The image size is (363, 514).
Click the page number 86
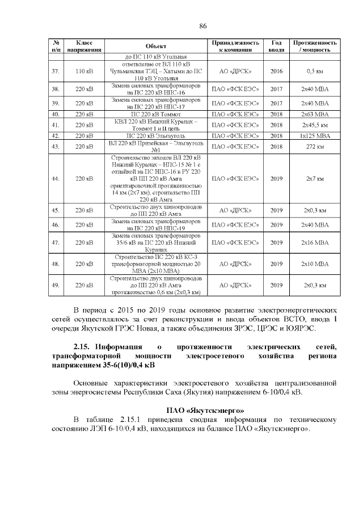tap(202, 26)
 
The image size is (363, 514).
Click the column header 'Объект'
tap(156, 46)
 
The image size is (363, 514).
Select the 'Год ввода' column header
tap(276, 46)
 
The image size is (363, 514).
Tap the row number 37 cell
tap(56, 72)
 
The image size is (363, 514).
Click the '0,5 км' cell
tap(315, 72)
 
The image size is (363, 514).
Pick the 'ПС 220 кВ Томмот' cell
tap(156, 114)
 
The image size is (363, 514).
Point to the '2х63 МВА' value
tap(315, 114)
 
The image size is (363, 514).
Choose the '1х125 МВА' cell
tap(315, 136)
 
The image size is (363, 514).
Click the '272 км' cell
tap(315, 147)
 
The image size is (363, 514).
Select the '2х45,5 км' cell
tap(315, 125)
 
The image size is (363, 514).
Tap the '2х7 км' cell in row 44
tap(315, 178)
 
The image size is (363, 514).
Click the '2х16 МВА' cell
tap(315, 243)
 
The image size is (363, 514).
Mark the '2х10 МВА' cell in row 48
tap(315, 264)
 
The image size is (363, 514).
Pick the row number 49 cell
tap(56, 285)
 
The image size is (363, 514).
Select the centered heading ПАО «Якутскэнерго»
tap(202, 409)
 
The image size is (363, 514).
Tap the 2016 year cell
tap(276, 72)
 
